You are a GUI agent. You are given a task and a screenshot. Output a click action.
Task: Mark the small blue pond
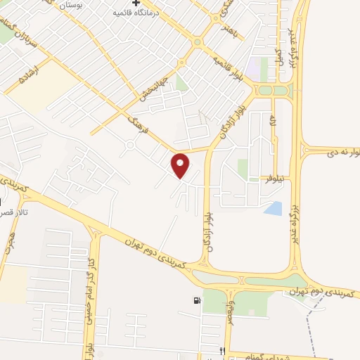[273, 208]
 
